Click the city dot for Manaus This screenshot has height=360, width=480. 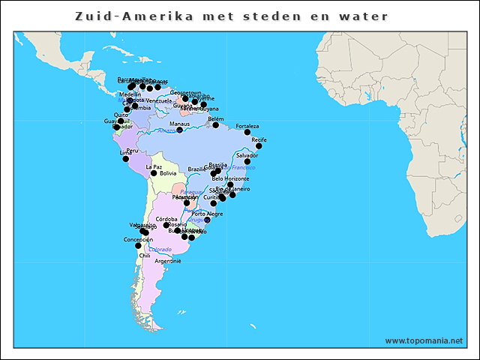pyautogui.click(x=180, y=130)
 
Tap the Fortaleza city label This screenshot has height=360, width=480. pyautogui.click(x=247, y=126)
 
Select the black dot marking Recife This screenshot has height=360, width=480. pyautogui.click(x=259, y=146)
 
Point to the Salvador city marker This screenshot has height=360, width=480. pyautogui.click(x=247, y=161)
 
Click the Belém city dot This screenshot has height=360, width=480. pyautogui.click(x=216, y=124)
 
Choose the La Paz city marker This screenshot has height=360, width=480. pyautogui.click(x=154, y=173)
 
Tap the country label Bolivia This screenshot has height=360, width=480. pyautogui.click(x=168, y=173)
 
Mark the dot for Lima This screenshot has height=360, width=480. pyautogui.click(x=125, y=158)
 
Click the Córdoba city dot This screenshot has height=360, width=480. pyautogui.click(x=166, y=225)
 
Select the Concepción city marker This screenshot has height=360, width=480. pyautogui.click(x=138, y=245)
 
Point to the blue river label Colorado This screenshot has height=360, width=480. pyautogui.click(x=160, y=249)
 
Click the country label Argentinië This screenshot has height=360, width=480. pyautogui.click(x=168, y=261)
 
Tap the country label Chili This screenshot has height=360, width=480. pyautogui.click(x=145, y=255)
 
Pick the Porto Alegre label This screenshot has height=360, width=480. pyautogui.click(x=207, y=214)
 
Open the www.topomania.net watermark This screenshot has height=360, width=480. pyautogui.click(x=424, y=340)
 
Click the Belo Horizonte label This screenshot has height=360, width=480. pyautogui.click(x=231, y=178)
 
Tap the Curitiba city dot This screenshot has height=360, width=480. pyautogui.click(x=214, y=203)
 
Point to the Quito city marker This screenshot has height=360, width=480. pyautogui.click(x=121, y=121)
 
